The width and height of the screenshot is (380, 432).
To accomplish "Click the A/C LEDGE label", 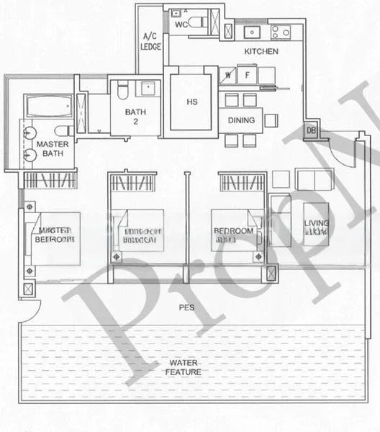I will coord(150,40).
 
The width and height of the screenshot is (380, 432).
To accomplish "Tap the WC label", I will coord(181,24).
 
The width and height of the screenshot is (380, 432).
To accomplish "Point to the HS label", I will coord(191,102).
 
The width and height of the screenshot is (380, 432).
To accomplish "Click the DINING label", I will coord(240,120).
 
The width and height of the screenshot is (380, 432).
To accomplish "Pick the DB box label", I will coord(311,130).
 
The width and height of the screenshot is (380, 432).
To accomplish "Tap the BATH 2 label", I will coord(135,116).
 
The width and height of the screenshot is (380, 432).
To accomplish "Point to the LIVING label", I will coord(317,228).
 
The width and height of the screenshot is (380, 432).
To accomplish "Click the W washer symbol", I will coord(227,74).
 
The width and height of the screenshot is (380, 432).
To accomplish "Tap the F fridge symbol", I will coord(247,74).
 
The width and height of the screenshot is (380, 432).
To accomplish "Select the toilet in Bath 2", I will coord(122,90).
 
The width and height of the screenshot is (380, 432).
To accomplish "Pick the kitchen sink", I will coord(253,32).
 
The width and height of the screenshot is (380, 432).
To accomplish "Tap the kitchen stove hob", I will coord(279,32).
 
